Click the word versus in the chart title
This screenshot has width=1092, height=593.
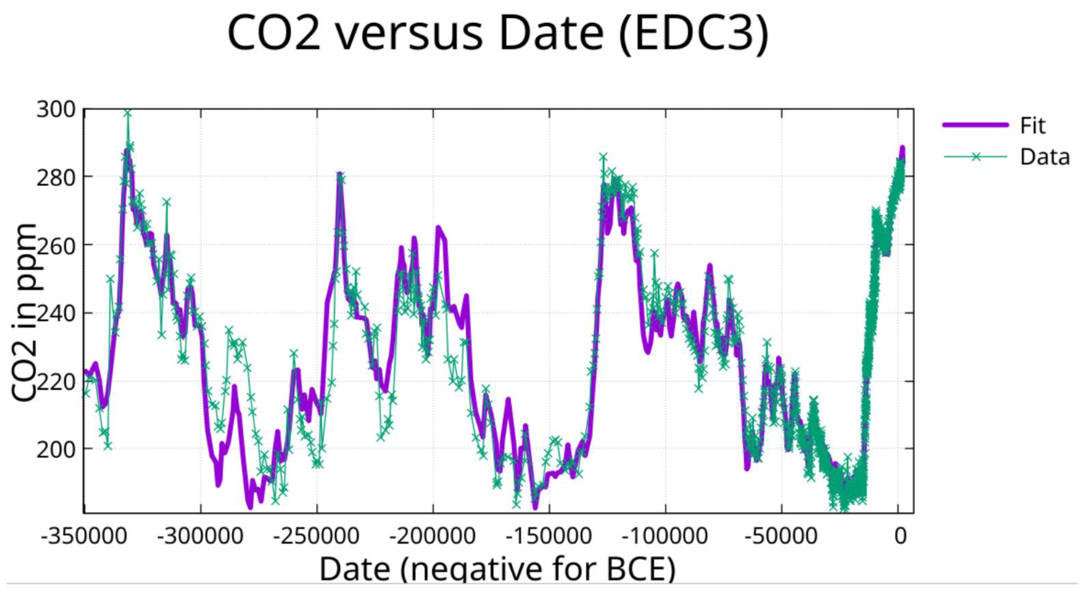pyautogui.click(x=409, y=33)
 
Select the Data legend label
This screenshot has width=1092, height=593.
pyautogui.click(x=1045, y=157)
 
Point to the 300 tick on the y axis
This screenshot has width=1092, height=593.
pyautogui.click(x=56, y=109)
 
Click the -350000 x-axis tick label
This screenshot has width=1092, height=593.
pyautogui.click(x=84, y=536)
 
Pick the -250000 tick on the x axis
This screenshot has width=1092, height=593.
pyautogui.click(x=316, y=536)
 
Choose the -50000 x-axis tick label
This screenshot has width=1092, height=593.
pyautogui.click(x=781, y=536)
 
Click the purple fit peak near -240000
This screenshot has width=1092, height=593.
pyautogui.click(x=339, y=174)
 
